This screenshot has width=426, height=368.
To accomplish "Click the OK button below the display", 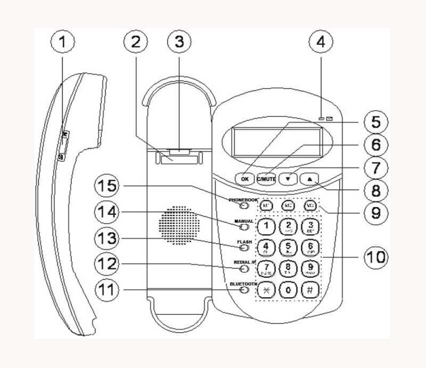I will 245,178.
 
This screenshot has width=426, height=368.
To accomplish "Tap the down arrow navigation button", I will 288,176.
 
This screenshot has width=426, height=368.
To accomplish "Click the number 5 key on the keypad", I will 288,247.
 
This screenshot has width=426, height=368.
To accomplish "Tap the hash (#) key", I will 310,290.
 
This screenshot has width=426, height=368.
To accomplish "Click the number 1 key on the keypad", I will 267,225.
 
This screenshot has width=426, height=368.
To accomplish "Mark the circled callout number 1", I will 62,42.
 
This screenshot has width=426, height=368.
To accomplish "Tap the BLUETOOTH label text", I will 243,284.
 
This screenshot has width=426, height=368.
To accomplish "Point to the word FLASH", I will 244,242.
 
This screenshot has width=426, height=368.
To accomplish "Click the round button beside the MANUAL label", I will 244,228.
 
